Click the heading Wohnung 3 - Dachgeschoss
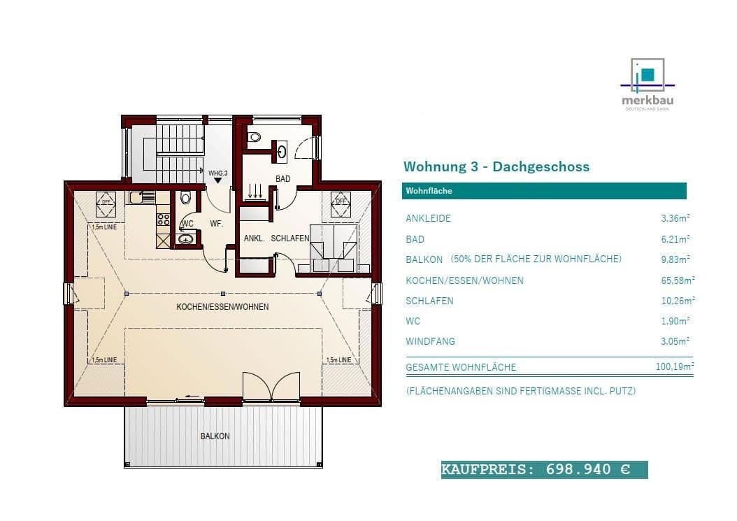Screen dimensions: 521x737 pyautogui.click(x=496, y=166)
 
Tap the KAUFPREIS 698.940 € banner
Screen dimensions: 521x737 pyautogui.click(x=544, y=469)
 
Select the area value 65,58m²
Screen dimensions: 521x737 pyautogui.click(x=678, y=280)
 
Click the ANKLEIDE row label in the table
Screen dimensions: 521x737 pyautogui.click(x=428, y=218)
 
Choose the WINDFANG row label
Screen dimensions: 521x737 pyautogui.click(x=430, y=341)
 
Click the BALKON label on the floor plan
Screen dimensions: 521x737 pyautogui.click(x=215, y=436)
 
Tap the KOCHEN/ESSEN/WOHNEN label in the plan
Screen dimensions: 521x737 pyautogui.click(x=222, y=307)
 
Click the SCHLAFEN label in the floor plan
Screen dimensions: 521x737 pyautogui.click(x=289, y=238)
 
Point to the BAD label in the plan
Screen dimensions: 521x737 pyautogui.click(x=282, y=179)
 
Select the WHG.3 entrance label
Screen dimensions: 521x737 pyautogui.click(x=217, y=172)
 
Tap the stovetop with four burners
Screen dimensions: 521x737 pyautogui.click(x=163, y=220)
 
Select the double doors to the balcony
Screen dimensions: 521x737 pyautogui.click(x=271, y=387)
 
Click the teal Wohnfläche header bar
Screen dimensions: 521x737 pyautogui.click(x=545, y=191)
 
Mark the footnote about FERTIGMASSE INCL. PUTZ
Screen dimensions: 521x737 pyautogui.click(x=521, y=392)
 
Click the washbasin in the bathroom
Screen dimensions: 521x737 pyautogui.click(x=281, y=150)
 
